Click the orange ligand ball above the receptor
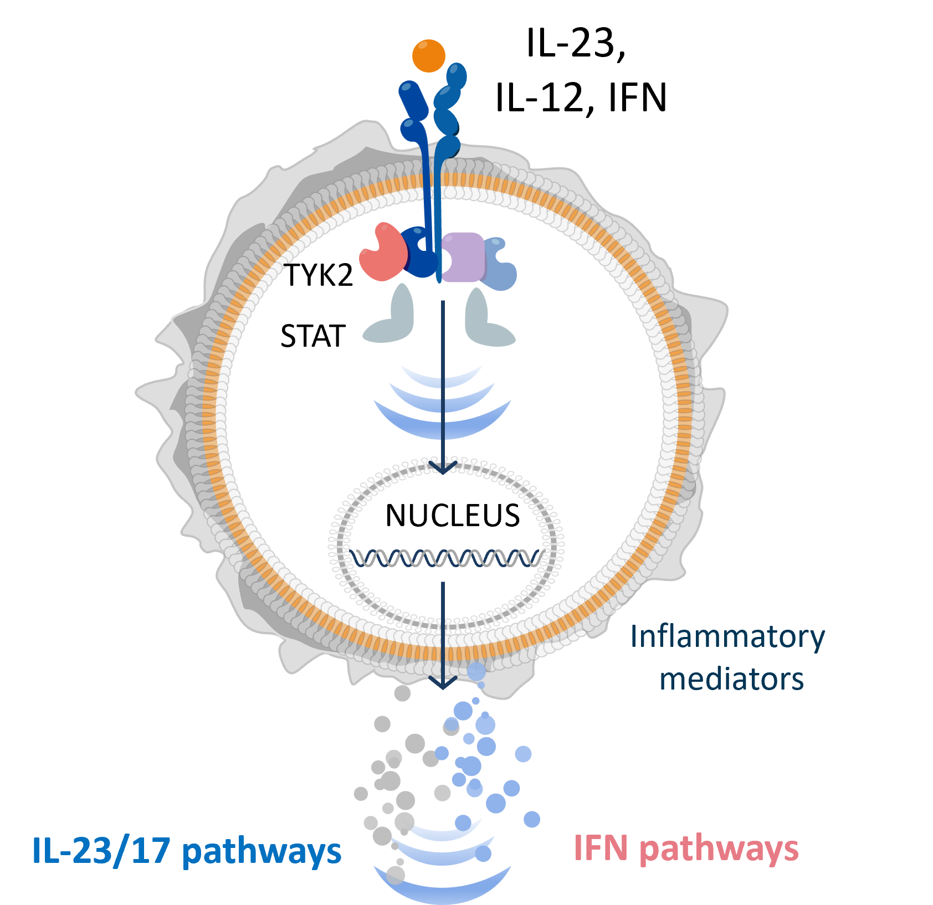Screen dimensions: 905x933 click(429, 55)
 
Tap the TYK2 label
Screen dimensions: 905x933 click(319, 275)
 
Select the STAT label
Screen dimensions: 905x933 click(313, 336)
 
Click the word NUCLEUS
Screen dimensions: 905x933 click(452, 516)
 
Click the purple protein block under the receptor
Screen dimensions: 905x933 click(463, 257)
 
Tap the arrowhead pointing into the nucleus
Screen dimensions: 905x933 click(443, 467)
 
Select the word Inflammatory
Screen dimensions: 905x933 click(727, 637)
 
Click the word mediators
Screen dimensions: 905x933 click(731, 679)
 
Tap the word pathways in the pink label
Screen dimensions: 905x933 click(719, 850)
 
